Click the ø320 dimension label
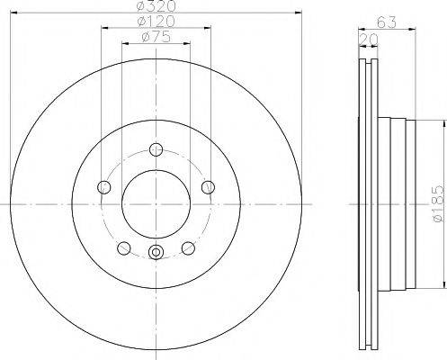[x=156, y=5]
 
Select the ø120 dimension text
[x=156, y=21]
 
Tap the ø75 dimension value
[x=156, y=37]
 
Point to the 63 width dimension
[x=387, y=22]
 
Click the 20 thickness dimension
[x=368, y=40]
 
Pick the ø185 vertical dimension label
[x=438, y=203]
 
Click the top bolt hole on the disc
[x=156, y=149]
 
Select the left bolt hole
[x=104, y=187]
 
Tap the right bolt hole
[x=208, y=187]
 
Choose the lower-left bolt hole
[x=124, y=248]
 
